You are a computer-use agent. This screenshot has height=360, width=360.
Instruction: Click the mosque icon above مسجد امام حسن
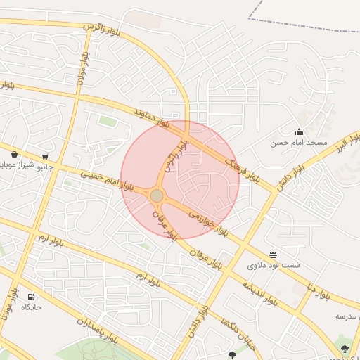click(x=299, y=131)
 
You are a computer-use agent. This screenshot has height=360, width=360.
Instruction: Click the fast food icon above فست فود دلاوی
click(x=273, y=254)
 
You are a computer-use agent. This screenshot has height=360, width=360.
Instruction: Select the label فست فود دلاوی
click(x=274, y=266)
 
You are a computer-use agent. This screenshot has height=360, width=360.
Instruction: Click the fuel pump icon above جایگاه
click(x=31, y=296)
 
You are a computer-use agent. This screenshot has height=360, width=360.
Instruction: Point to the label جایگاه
click(x=32, y=307)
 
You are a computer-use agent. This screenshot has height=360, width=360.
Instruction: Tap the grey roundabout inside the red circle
click(x=157, y=195)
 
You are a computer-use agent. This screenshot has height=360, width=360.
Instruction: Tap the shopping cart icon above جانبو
click(x=46, y=156)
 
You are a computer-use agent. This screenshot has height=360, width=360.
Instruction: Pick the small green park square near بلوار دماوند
click(x=108, y=121)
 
